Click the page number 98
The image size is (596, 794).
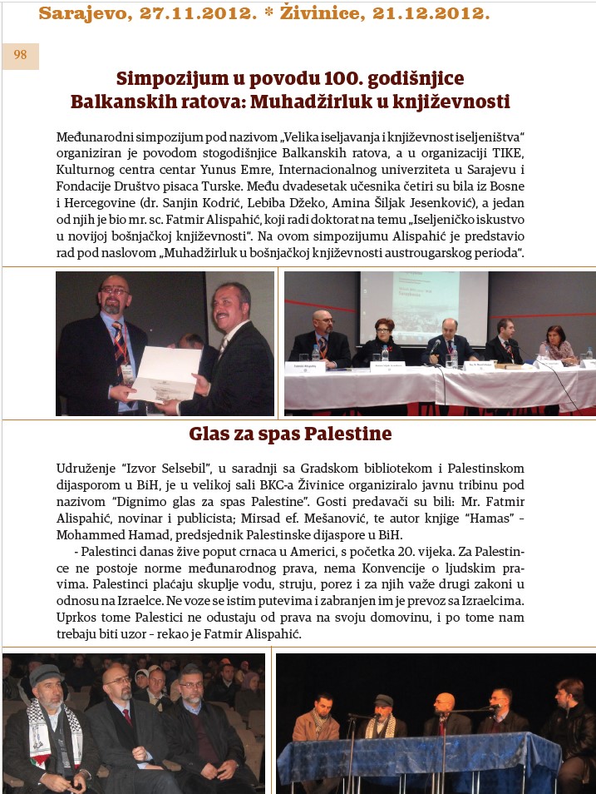[20, 56]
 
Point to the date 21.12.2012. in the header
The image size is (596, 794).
[423, 13]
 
